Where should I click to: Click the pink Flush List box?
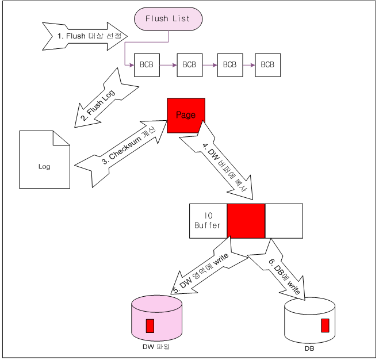coord(168,19)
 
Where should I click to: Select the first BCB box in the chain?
coord(146,65)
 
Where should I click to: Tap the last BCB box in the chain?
coord(267,65)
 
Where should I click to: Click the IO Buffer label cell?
coord(208,221)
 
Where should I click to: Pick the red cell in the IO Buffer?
coord(246,221)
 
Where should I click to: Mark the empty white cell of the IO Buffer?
coord(284,221)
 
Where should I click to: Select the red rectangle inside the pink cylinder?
coord(150,325)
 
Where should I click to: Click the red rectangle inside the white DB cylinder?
coord(325,325)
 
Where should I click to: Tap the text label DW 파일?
coord(156,347)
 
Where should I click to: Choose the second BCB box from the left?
coord(189,65)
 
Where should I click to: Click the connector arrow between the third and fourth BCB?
coord(248,65)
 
